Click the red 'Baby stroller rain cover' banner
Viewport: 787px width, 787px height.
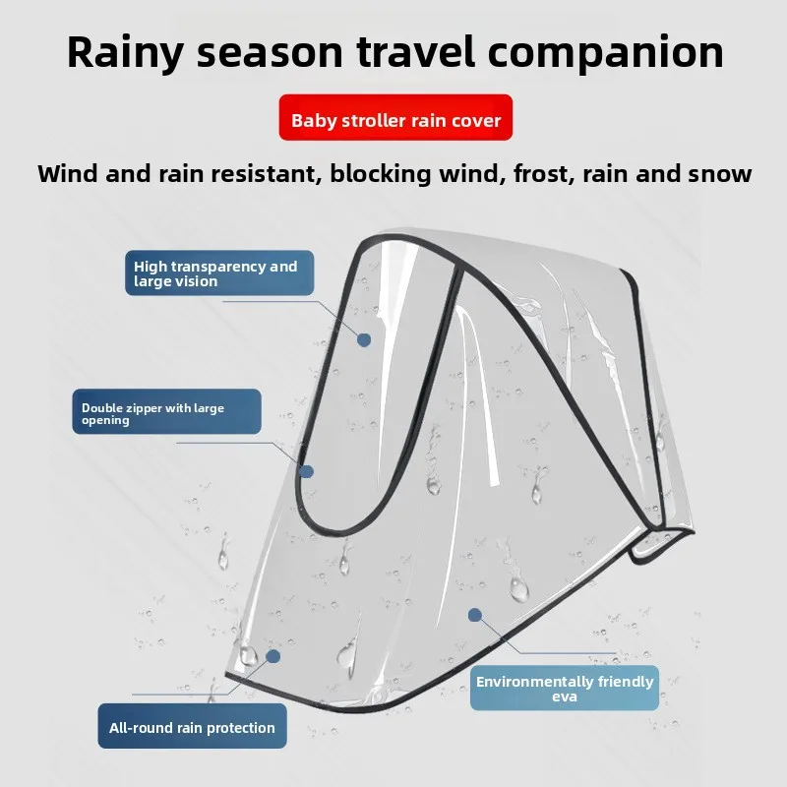[x=395, y=121]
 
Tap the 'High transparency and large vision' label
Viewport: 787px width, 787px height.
[x=219, y=273]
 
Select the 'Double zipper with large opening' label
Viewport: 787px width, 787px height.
[x=166, y=413]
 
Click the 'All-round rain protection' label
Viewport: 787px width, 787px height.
[x=192, y=728]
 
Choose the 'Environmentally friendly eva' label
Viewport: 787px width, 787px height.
[x=564, y=689]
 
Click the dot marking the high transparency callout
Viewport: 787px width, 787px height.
[x=364, y=339]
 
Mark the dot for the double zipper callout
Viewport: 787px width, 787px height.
[x=306, y=471]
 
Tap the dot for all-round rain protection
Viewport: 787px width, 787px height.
[x=273, y=655]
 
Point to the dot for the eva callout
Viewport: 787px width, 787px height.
[x=475, y=615]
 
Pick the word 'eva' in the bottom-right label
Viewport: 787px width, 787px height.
[x=565, y=696]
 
